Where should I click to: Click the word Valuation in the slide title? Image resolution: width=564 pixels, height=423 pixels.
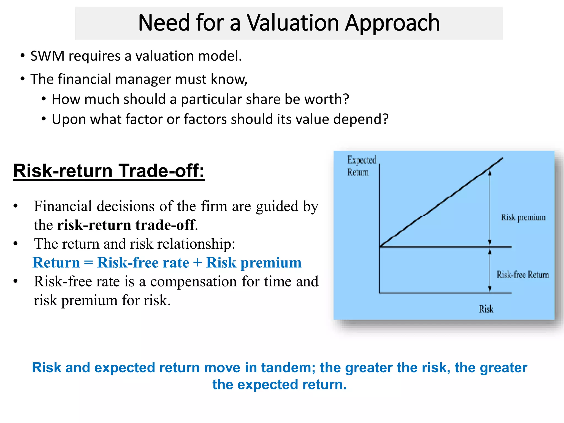tap(292, 23)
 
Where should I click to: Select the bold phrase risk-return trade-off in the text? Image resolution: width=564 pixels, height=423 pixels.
tap(126, 225)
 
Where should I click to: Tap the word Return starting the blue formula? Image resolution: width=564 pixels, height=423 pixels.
tap(56, 262)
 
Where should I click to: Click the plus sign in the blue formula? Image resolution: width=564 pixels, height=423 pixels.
tap(197, 262)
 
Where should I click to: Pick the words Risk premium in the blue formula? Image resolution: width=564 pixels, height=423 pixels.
tap(254, 262)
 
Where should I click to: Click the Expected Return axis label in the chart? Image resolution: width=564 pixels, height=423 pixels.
tap(361, 166)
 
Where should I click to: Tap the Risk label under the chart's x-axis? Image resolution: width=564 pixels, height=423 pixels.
tap(486, 309)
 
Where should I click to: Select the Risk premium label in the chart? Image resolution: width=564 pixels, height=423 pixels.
tap(523, 218)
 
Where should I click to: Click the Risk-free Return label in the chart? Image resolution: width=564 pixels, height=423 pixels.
tap(522, 275)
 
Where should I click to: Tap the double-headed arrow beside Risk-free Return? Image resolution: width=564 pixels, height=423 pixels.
tap(490, 270)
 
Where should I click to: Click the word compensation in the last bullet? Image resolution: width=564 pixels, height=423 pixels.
tap(193, 281)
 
